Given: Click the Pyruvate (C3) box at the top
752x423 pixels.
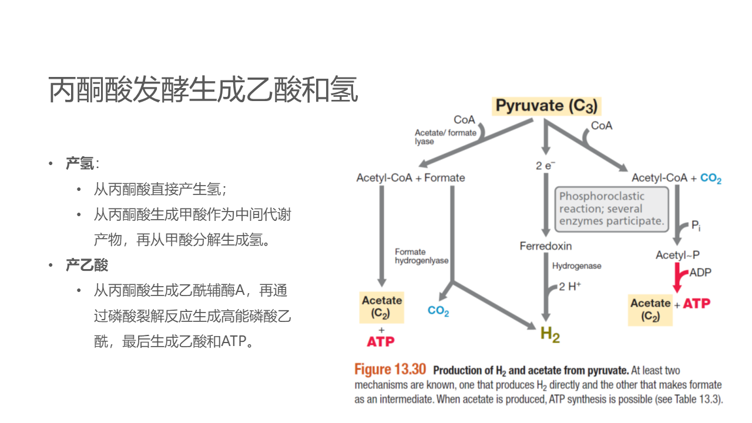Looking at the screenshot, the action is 546,106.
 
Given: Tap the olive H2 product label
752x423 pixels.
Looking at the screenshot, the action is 550,334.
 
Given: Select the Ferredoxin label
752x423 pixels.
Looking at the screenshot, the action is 545,246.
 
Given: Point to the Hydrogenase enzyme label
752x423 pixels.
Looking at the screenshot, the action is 576,266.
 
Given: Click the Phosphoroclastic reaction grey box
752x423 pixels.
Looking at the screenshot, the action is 612,209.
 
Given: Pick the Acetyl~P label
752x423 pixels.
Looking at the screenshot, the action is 677,255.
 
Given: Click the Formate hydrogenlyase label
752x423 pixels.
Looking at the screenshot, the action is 421,256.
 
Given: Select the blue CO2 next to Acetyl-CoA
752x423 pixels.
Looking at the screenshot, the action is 711,179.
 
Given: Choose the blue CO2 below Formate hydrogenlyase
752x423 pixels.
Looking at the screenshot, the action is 438,311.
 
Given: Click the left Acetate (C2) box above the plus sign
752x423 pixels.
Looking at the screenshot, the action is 382,307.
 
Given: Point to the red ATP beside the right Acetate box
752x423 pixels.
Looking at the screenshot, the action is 697,304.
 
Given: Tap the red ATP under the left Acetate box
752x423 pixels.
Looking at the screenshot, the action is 381,341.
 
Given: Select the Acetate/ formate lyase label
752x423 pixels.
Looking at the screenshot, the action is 445,137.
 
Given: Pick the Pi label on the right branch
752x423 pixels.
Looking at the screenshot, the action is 695,226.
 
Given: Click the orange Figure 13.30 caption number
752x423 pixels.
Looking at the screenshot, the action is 390,370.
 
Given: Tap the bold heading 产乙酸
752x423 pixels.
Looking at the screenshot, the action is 87,265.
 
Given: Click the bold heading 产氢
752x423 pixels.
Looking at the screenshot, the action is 80,164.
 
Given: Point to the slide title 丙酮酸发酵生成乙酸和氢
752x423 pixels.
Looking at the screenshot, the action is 203,89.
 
